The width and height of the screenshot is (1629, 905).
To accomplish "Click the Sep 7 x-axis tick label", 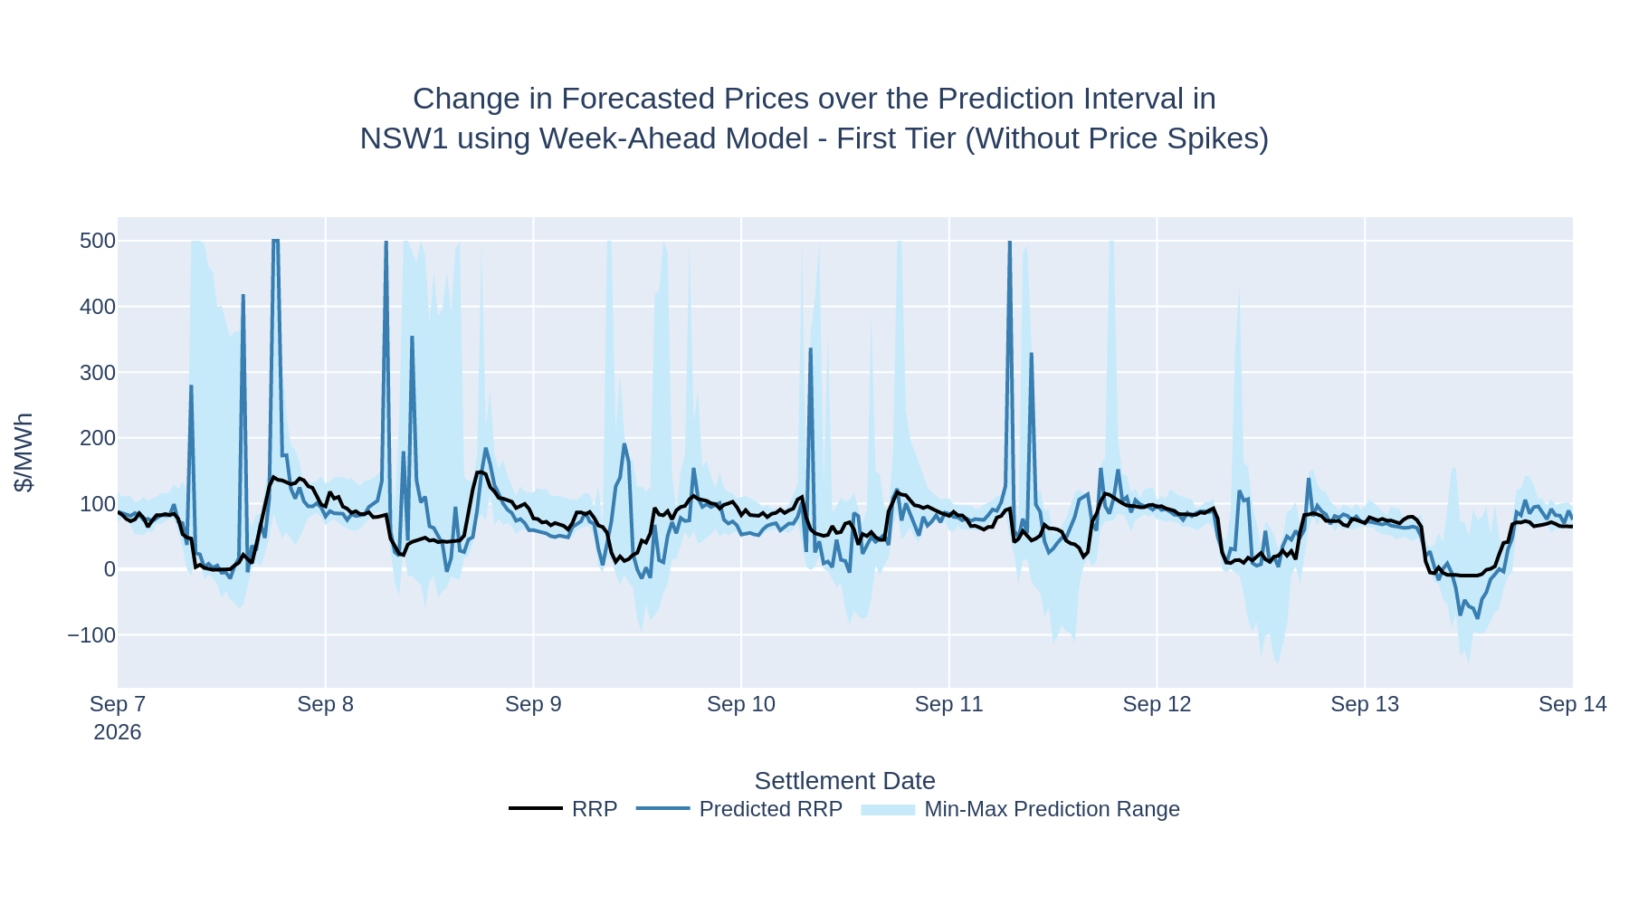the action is coord(118,704).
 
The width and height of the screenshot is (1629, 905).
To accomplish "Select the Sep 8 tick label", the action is coord(326,704).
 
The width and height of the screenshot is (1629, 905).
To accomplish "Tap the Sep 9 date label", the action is coord(533,704).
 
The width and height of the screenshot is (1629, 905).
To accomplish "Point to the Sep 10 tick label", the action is coord(741,704).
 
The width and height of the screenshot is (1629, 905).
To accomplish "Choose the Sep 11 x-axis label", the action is coord(949,704).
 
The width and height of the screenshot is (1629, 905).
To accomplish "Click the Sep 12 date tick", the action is coord(1157,704).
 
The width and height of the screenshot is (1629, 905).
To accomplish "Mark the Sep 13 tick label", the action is coord(1365,704).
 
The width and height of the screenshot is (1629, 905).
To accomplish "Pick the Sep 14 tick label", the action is coord(1573,704).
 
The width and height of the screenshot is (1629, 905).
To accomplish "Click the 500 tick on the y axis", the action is coord(98,241).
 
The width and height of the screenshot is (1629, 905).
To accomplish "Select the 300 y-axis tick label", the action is coord(98,373).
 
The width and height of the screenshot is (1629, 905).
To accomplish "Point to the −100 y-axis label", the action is coord(91,635).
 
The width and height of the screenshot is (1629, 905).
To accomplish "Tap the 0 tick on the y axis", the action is coord(110,569).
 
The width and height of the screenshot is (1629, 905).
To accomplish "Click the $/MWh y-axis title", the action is coord(24,452).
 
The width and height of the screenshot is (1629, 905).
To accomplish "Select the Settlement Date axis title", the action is coord(844,781).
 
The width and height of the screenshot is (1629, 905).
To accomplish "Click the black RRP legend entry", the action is coord(563,809).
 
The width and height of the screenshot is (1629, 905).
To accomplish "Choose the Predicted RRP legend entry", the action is coord(739,809).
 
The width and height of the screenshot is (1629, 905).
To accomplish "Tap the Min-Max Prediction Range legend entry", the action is coord(1021,809).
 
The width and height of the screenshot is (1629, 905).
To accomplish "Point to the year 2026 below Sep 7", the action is coord(118,732).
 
